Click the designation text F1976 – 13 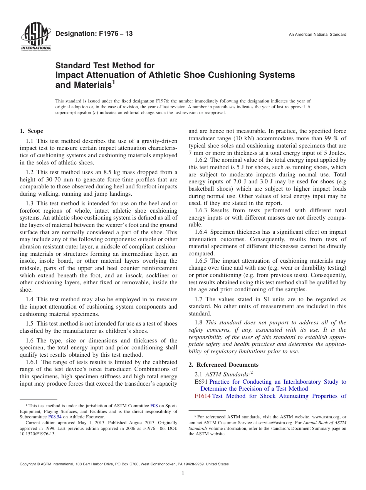pos(94,34)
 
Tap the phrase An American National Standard pos(317,35)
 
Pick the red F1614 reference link pos(202,396)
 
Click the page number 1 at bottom pos(183,473)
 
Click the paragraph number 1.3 pos(30,203)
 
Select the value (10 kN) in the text pos(243,139)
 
